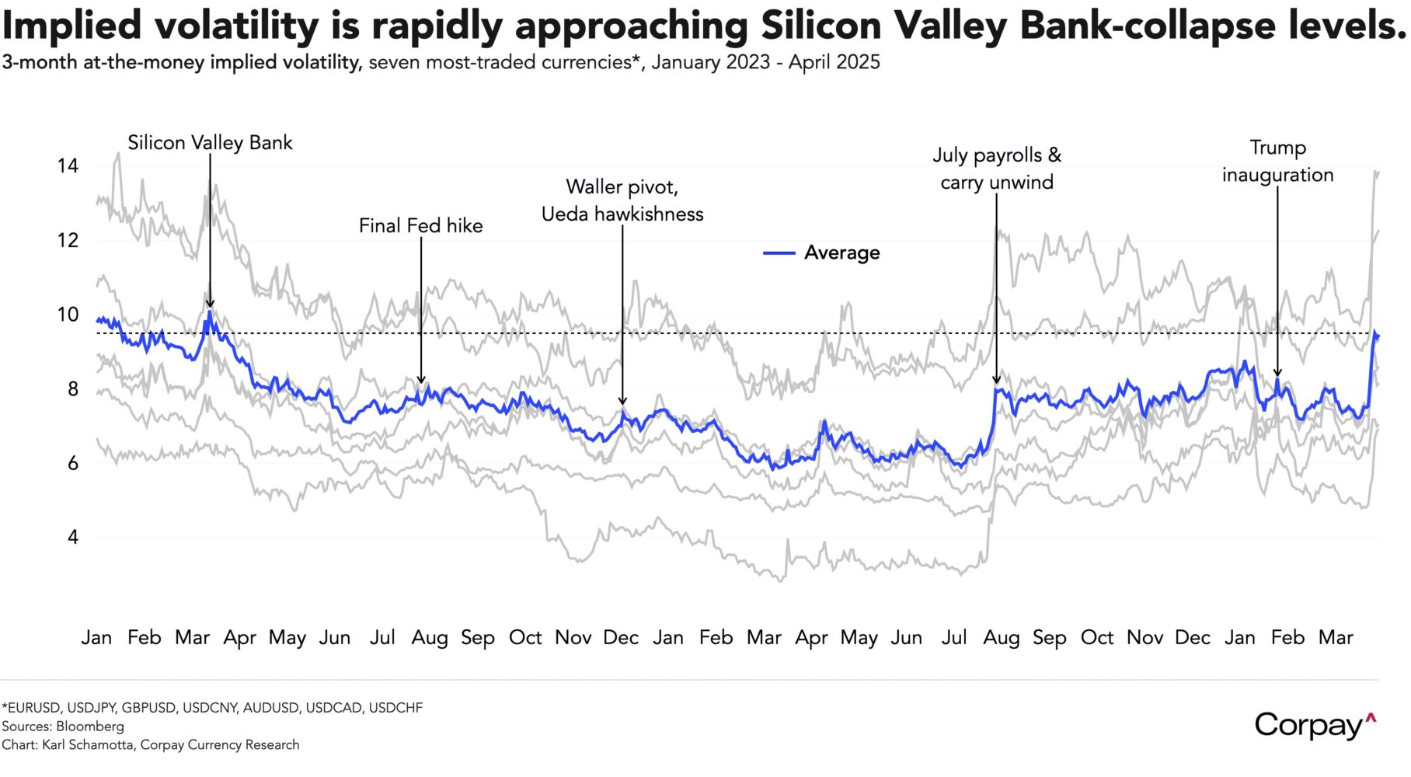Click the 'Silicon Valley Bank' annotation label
click(210, 143)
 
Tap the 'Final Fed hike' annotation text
click(420, 226)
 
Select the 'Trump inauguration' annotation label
click(1277, 162)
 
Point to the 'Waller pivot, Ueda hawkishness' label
click(622, 200)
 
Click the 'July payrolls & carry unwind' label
click(997, 169)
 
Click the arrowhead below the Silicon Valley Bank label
click(210, 304)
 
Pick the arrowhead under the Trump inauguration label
click(1277, 373)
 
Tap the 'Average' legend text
click(841, 253)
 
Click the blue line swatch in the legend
click(779, 253)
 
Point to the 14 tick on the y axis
click(68, 166)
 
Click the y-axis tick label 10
click(68, 315)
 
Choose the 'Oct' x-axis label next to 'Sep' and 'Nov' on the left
click(525, 638)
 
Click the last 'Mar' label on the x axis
click(1336, 638)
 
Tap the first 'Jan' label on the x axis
click(96, 638)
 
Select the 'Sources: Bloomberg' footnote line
click(63, 726)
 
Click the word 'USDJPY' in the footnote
click(92, 708)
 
